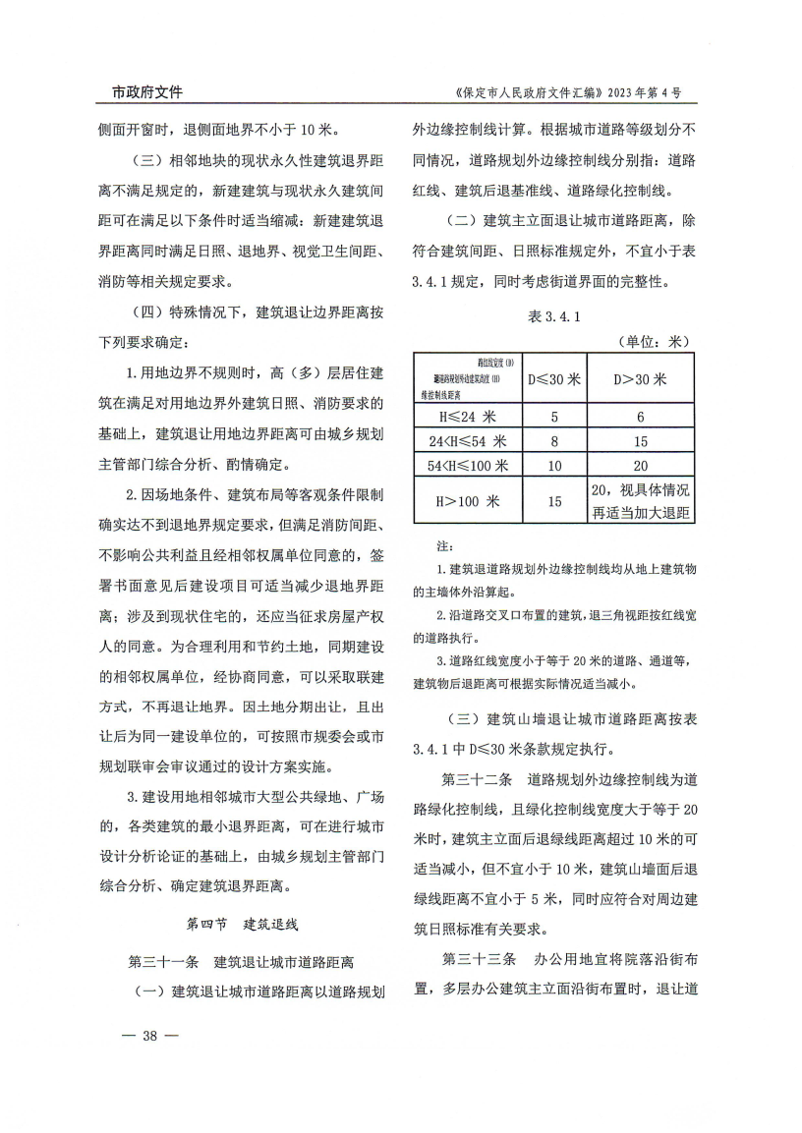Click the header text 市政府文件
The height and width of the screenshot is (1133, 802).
pos(140,92)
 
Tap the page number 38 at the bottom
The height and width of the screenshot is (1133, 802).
pos(150,1035)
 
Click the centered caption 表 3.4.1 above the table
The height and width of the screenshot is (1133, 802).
pos(555,316)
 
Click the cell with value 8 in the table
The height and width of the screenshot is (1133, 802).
pos(554,441)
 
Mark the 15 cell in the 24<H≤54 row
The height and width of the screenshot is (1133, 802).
pos(640,441)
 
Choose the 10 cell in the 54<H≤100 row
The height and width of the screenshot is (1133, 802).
pos(554,466)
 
